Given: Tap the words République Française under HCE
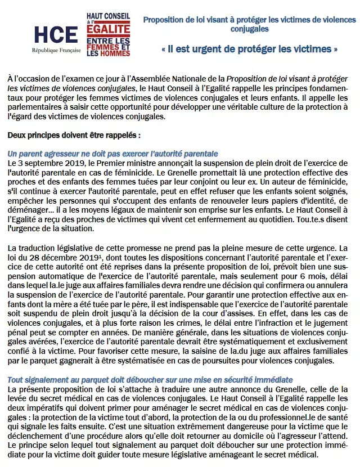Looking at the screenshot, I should point(56,50).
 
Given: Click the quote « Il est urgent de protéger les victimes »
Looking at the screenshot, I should point(249,49).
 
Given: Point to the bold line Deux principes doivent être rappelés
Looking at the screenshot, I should point(74,136).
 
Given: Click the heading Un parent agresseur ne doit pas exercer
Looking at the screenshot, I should point(113,154).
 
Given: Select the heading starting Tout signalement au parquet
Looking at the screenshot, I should point(150,380).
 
